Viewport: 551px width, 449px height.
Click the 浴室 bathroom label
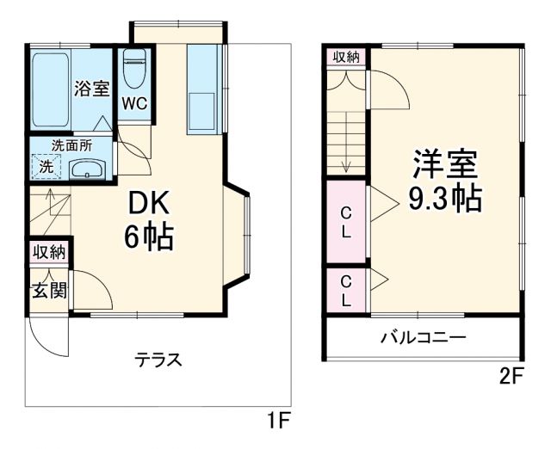pos(92,88)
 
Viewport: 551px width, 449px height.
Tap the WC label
pos(134,103)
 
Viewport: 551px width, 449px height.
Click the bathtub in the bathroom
pos(50,89)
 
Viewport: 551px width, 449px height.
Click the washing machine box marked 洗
pos(45,166)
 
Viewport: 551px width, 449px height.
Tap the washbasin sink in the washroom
pos(86,169)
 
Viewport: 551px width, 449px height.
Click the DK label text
pos(151,201)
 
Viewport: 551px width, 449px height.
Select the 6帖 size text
pos(149,237)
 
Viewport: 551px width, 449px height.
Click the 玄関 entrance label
pos(49,290)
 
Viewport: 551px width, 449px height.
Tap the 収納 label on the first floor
pos(49,252)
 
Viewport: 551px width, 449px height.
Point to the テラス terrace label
pos(158,360)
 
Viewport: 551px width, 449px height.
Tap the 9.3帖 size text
pos(444,199)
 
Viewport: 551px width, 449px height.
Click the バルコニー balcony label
pos(424,336)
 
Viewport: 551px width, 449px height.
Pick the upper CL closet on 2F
pos(345,221)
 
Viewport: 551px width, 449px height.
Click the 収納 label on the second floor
pos(346,57)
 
